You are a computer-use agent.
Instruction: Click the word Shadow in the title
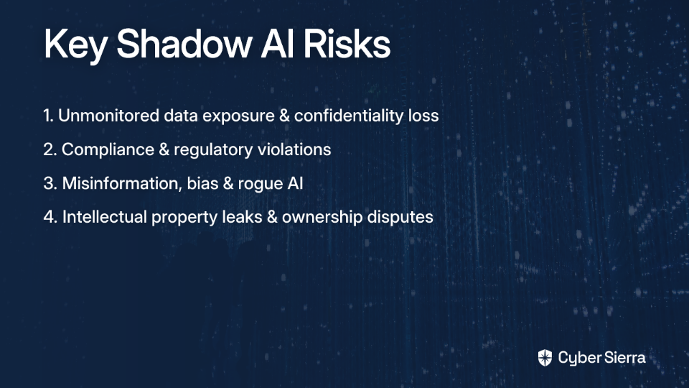click(x=184, y=44)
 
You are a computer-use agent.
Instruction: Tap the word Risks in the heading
click(x=347, y=44)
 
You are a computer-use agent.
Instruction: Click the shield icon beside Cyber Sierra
click(x=545, y=358)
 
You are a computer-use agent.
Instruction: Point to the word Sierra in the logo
click(x=624, y=357)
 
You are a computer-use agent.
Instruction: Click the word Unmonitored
click(x=108, y=116)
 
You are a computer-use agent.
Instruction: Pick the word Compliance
click(x=108, y=150)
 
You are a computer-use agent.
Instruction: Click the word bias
click(x=202, y=183)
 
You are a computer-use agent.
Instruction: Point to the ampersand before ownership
click(x=273, y=217)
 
